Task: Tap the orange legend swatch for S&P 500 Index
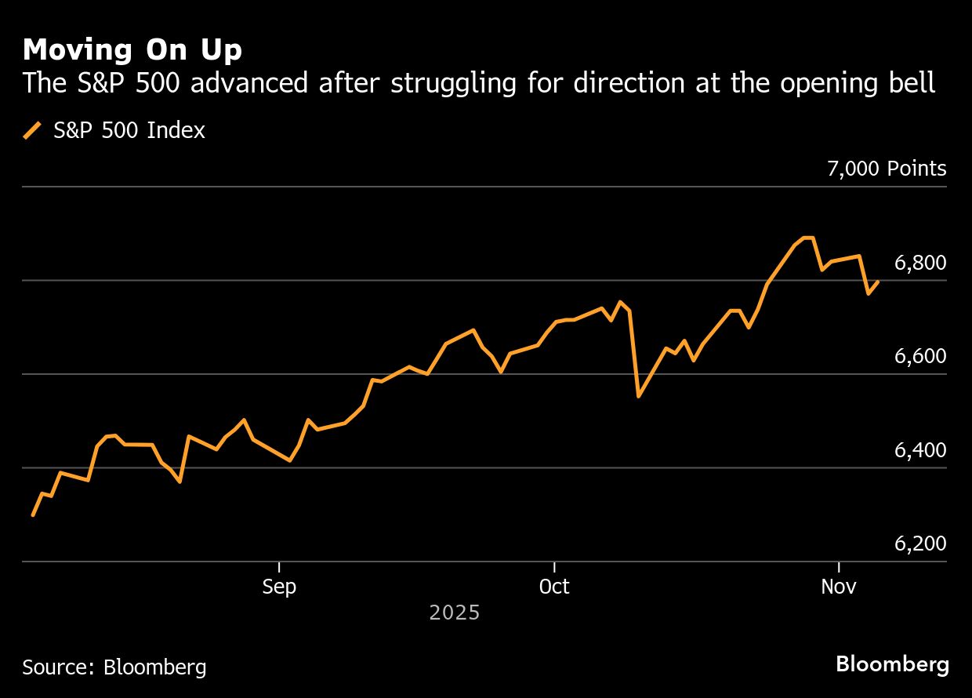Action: click(x=33, y=130)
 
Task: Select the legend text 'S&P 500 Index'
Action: click(x=129, y=130)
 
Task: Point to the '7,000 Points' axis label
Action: click(x=887, y=169)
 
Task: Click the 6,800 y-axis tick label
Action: click(x=920, y=263)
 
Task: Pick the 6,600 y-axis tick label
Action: click(x=920, y=357)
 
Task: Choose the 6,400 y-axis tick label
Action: click(x=920, y=450)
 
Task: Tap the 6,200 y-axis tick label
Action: click(x=920, y=544)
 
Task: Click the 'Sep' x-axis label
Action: click(x=279, y=587)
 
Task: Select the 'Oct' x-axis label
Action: click(x=554, y=587)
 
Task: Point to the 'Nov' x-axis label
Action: click(x=839, y=587)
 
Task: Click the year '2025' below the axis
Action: click(x=455, y=613)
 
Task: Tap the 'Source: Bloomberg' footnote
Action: click(x=114, y=667)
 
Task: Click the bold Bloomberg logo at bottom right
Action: click(x=892, y=664)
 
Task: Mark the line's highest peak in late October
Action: click(x=807, y=237)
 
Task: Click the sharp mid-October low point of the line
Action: click(x=639, y=396)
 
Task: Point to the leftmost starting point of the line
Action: click(x=32, y=515)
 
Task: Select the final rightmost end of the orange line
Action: click(x=878, y=282)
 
